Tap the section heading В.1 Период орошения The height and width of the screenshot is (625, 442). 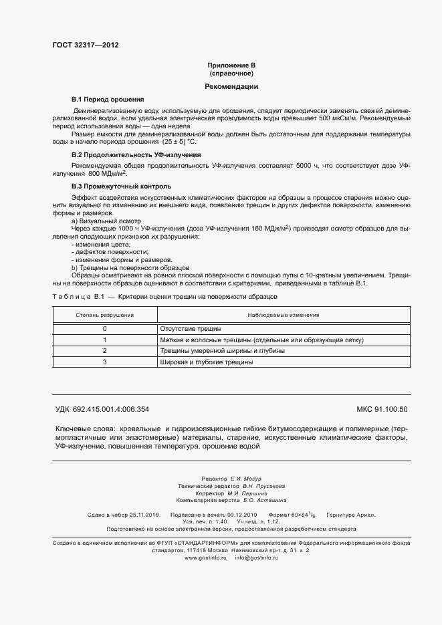[108, 99]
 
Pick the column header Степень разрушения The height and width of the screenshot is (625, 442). [104, 314]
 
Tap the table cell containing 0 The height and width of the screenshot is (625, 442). [104, 329]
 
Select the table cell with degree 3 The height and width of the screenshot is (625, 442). [104, 362]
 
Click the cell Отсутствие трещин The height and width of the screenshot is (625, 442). [190, 329]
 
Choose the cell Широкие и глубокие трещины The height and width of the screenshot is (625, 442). [206, 362]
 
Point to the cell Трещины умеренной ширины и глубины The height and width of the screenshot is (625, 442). [222, 350]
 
